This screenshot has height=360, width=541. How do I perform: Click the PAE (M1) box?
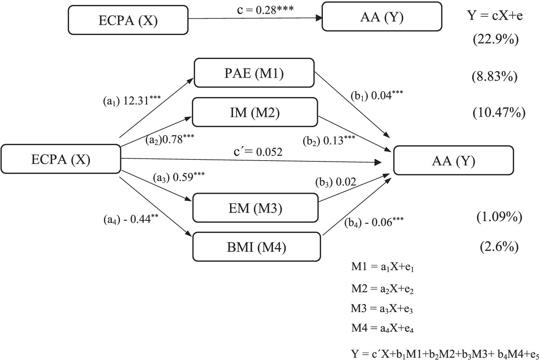click(254, 73)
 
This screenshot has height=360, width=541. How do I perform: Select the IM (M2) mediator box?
click(255, 112)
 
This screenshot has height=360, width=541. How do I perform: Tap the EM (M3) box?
click(255, 208)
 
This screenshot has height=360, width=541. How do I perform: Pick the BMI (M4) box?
click(256, 247)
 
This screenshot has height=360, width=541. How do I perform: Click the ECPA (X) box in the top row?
click(128, 20)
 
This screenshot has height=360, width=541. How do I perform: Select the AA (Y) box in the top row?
click(381, 17)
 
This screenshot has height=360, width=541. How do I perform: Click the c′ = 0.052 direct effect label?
click(258, 152)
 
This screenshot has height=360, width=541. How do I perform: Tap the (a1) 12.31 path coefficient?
click(132, 101)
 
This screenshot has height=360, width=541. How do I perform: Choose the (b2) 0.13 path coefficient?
click(329, 140)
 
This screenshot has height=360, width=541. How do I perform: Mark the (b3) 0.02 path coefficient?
click(336, 182)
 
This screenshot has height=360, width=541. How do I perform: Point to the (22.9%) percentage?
click(495, 40)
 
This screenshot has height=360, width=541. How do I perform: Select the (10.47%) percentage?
click(499, 113)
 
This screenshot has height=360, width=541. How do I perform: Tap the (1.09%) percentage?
click(499, 217)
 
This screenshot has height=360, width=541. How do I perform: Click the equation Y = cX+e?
click(492, 16)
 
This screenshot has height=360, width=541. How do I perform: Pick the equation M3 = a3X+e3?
click(382, 308)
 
